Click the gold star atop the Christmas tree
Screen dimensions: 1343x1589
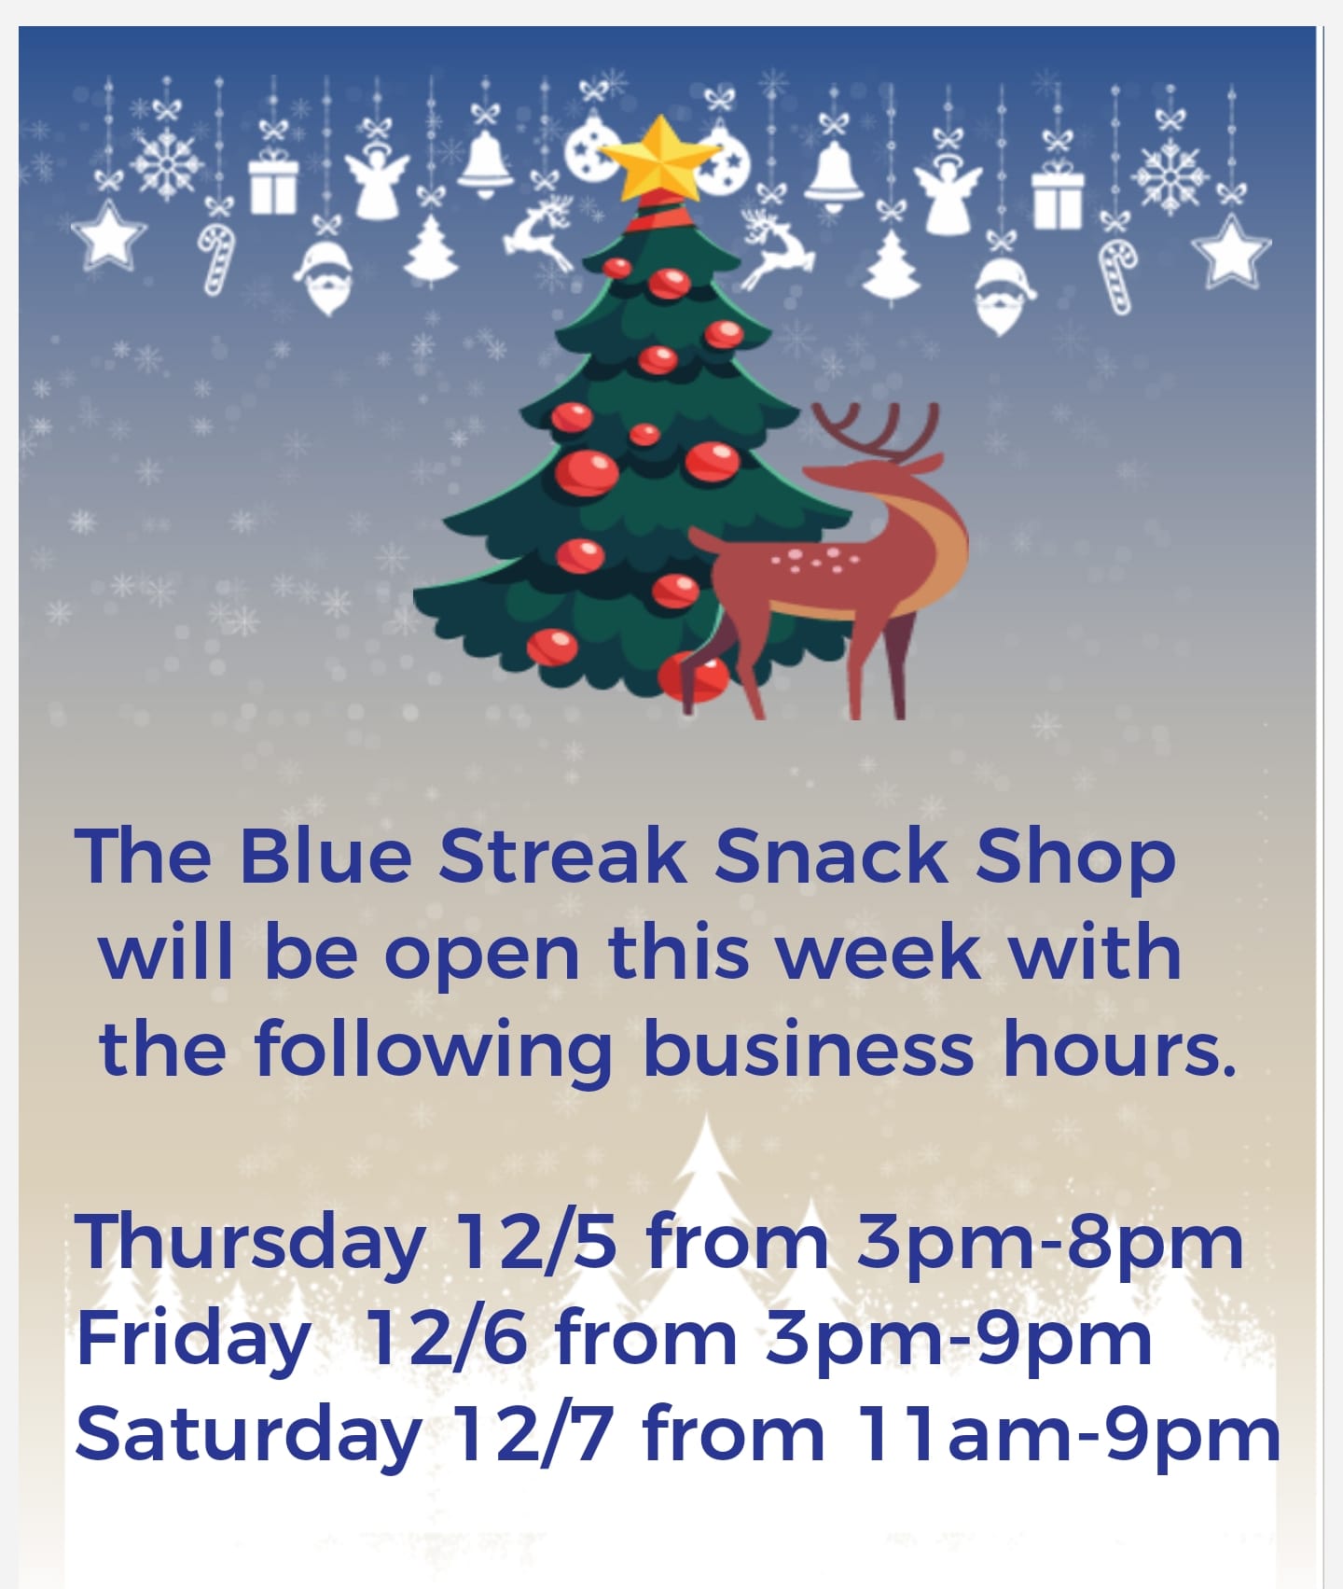[x=659, y=158]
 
